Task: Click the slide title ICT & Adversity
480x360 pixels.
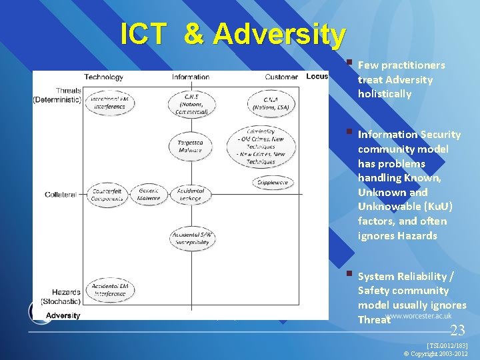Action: click(233, 35)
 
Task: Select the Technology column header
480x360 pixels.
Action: click(103, 77)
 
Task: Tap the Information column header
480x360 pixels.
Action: click(190, 77)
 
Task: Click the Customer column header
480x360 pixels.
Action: click(281, 77)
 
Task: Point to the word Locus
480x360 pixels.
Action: click(317, 77)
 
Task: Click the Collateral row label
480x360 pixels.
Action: click(61, 194)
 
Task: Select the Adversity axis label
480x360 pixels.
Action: click(63, 315)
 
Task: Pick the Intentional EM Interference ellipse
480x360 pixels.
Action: click(109, 102)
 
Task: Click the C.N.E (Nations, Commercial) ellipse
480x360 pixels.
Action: click(191, 103)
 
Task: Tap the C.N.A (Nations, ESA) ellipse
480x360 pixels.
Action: click(271, 103)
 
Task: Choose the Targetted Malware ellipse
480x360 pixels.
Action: click(190, 146)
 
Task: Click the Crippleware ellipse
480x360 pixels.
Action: click(273, 182)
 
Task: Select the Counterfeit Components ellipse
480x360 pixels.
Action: click(108, 194)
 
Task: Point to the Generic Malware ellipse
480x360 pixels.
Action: click(149, 194)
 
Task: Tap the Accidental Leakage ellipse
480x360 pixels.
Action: click(190, 194)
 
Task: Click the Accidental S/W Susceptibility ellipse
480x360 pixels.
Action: click(190, 238)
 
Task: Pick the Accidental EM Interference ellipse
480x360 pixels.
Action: click(109, 290)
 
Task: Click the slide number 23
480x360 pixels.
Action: click(457, 330)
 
